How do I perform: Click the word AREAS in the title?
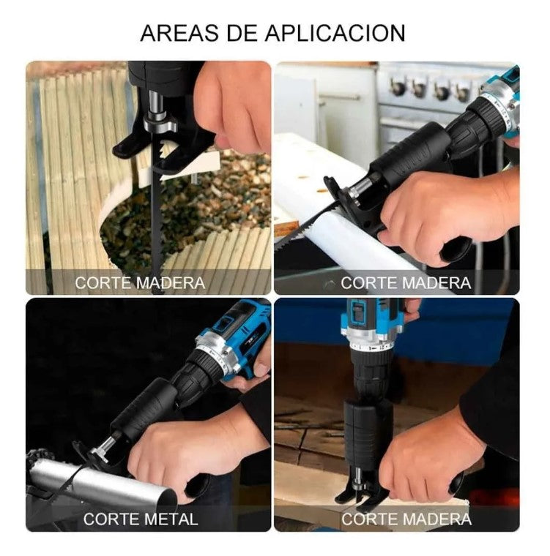click(x=179, y=34)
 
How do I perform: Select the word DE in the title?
click(x=242, y=34)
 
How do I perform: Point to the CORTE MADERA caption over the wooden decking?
click(x=140, y=282)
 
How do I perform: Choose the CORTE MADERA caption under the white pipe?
click(x=406, y=282)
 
